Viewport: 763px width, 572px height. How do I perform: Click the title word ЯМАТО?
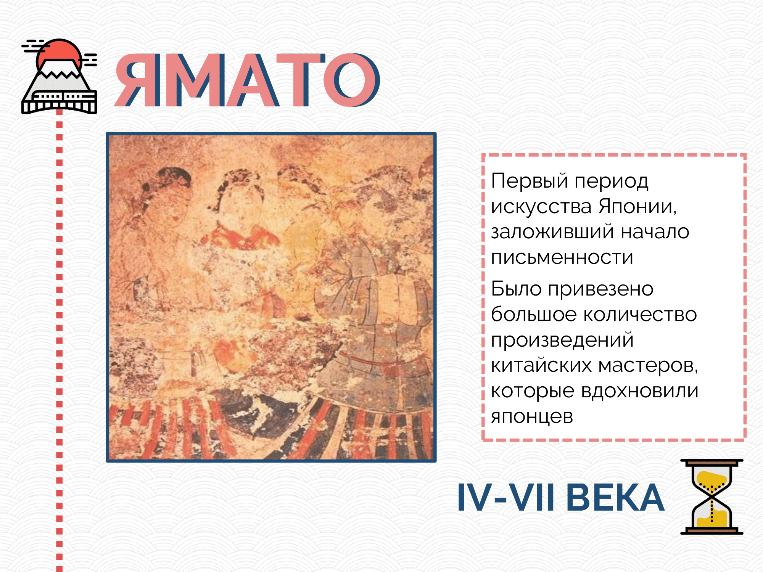click(247, 80)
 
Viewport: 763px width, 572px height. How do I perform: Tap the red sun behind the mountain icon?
click(59, 53)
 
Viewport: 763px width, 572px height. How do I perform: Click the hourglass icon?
click(712, 496)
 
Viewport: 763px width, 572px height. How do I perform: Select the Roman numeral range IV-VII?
click(506, 497)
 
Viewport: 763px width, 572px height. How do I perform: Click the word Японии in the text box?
click(637, 207)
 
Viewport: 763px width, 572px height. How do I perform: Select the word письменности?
click(562, 257)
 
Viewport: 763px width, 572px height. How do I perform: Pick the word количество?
click(640, 315)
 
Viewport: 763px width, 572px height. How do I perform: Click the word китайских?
click(541, 365)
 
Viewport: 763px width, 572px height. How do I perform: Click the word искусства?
click(541, 207)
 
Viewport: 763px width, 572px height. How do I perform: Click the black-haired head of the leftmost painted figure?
click(168, 183)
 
